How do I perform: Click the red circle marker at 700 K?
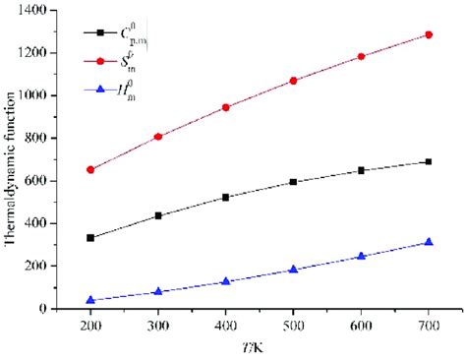point(428,34)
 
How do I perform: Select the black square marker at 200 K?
point(90,238)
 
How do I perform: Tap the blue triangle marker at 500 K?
point(293,270)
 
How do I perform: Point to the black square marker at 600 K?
point(361,170)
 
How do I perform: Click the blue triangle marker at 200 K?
point(90,300)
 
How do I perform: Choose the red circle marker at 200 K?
point(90,169)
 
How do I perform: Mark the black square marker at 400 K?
point(225,197)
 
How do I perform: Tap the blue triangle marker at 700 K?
point(428,242)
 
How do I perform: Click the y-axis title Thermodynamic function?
point(12,159)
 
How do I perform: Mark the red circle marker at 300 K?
point(157,137)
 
